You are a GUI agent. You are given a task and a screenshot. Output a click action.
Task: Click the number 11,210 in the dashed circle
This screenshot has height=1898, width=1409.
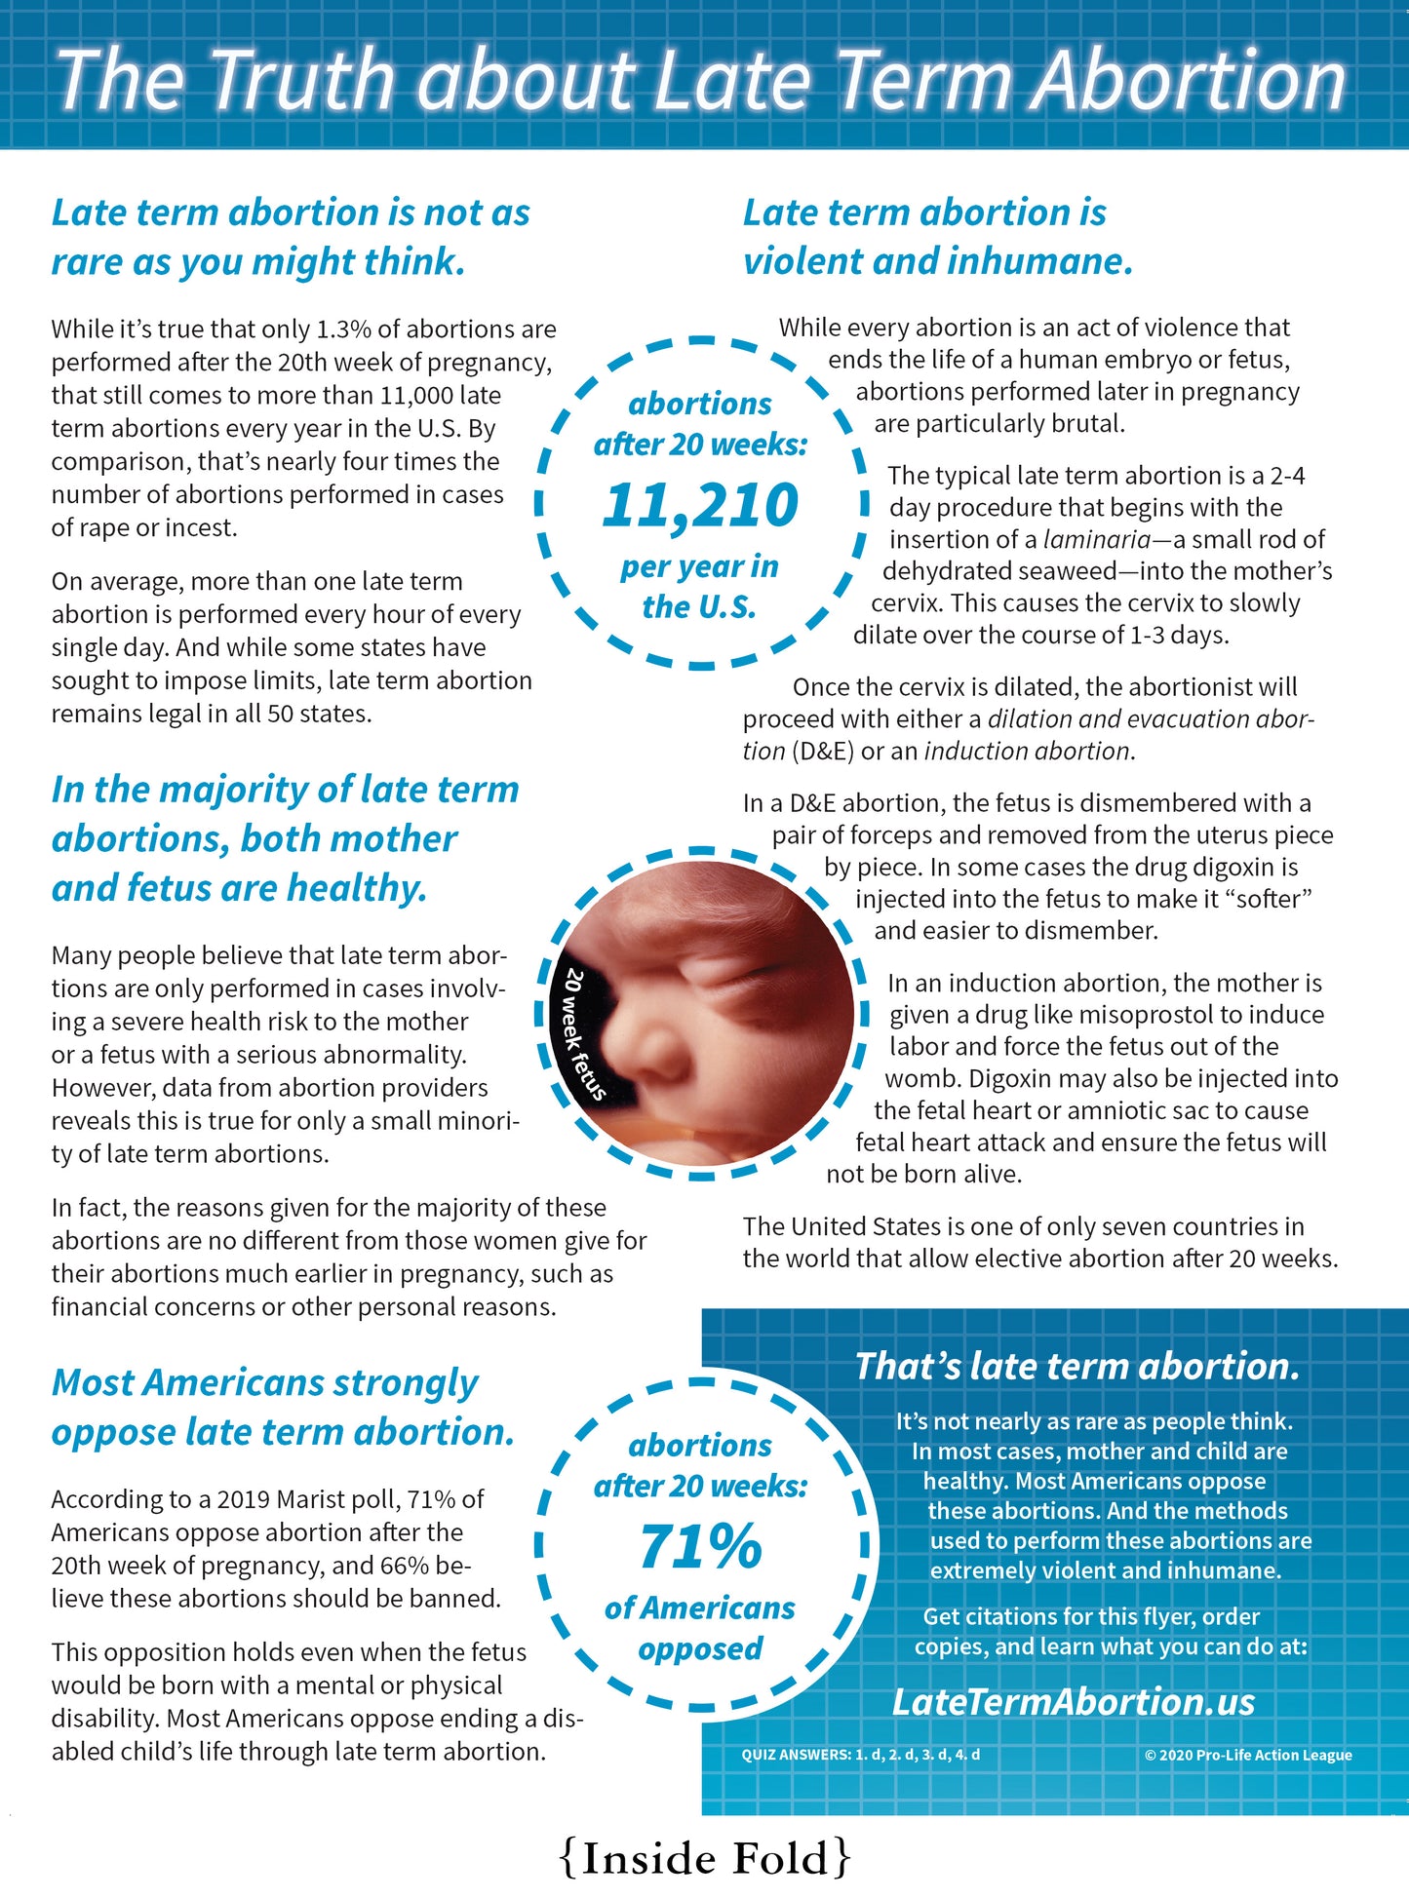[x=700, y=505]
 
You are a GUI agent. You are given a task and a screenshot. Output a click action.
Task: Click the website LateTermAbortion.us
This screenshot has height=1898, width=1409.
[x=1073, y=1702]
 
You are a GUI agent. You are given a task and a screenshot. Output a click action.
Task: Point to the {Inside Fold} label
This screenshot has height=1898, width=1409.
[x=705, y=1858]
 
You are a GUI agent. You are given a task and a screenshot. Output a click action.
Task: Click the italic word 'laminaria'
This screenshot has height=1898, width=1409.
[x=1096, y=539]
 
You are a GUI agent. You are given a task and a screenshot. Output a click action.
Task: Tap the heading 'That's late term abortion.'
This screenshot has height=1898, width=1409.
[x=1076, y=1366]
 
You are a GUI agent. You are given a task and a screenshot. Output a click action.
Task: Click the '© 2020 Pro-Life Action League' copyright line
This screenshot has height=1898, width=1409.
[x=1248, y=1755]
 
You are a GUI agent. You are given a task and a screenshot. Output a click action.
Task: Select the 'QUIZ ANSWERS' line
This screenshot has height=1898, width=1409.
[x=860, y=1755]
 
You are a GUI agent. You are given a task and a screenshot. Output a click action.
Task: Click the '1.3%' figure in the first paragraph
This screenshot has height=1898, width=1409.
[x=347, y=329]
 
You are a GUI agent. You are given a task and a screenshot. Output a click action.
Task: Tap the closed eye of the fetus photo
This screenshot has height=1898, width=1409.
[x=722, y=972]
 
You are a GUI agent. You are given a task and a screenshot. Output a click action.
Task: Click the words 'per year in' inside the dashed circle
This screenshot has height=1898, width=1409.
[x=700, y=566]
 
